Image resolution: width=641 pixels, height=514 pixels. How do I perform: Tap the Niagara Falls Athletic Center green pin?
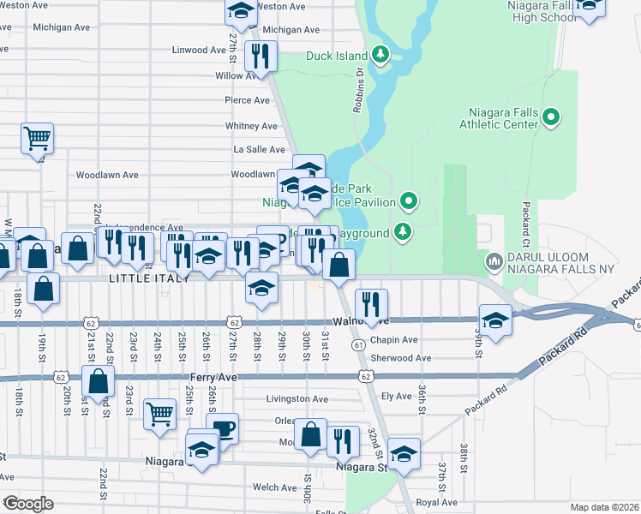tap(552, 117)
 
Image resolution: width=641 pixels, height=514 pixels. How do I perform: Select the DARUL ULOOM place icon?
tap(494, 260)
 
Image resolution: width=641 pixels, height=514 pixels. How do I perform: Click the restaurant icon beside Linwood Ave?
tap(259, 56)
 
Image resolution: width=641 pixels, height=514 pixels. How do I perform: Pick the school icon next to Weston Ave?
tap(242, 10)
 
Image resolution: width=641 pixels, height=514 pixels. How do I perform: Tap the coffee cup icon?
tap(223, 428)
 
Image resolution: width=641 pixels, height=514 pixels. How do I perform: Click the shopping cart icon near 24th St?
tap(159, 414)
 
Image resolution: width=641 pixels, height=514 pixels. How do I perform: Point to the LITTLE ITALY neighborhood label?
tap(142, 279)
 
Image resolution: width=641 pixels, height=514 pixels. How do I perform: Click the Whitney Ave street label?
tap(251, 126)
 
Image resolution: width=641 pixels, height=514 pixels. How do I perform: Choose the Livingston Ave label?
tap(297, 398)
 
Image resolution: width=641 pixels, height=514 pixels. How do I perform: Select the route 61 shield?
tap(356, 344)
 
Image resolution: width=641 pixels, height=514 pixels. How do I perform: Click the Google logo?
tap(28, 504)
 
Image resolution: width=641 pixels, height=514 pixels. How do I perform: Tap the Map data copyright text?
tap(605, 507)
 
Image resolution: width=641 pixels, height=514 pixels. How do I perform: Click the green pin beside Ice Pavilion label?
tap(409, 202)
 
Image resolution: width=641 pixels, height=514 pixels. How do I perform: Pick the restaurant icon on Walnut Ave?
tap(371, 303)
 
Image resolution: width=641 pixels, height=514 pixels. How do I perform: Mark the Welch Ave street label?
tap(275, 487)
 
